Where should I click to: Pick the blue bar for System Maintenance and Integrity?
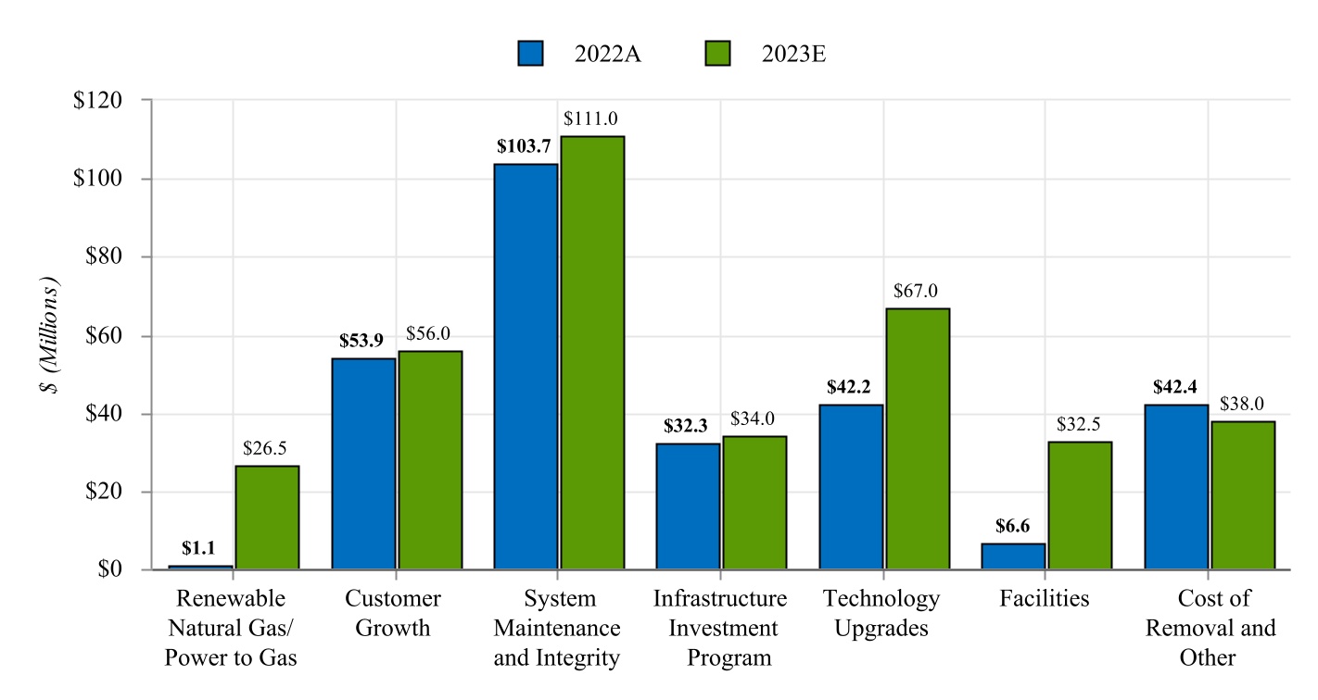coord(526,366)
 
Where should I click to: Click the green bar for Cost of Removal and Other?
coord(1243,494)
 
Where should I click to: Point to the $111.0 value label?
coord(591,119)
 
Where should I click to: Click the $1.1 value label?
coord(198,548)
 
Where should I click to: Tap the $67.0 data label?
coord(916,291)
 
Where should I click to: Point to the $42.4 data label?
coord(1175,387)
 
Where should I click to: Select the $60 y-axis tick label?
coord(105,335)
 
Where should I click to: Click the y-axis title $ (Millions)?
coord(49,335)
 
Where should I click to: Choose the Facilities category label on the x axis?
coord(1045,598)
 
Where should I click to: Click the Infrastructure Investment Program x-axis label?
coord(720,628)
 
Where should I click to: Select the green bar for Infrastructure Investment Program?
coord(754,502)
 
